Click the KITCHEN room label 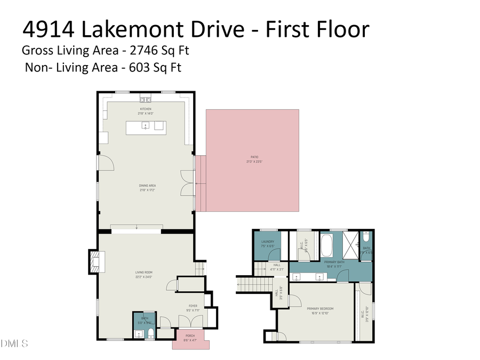click(146, 109)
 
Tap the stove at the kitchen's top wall click(146, 99)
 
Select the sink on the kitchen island click(145, 126)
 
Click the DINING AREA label click(147, 186)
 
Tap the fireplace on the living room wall click(95, 262)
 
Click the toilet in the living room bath click(150, 334)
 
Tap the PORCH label click(190, 337)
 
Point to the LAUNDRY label click(267, 242)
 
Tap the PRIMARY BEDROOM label click(320, 308)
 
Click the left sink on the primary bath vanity click(296, 276)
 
